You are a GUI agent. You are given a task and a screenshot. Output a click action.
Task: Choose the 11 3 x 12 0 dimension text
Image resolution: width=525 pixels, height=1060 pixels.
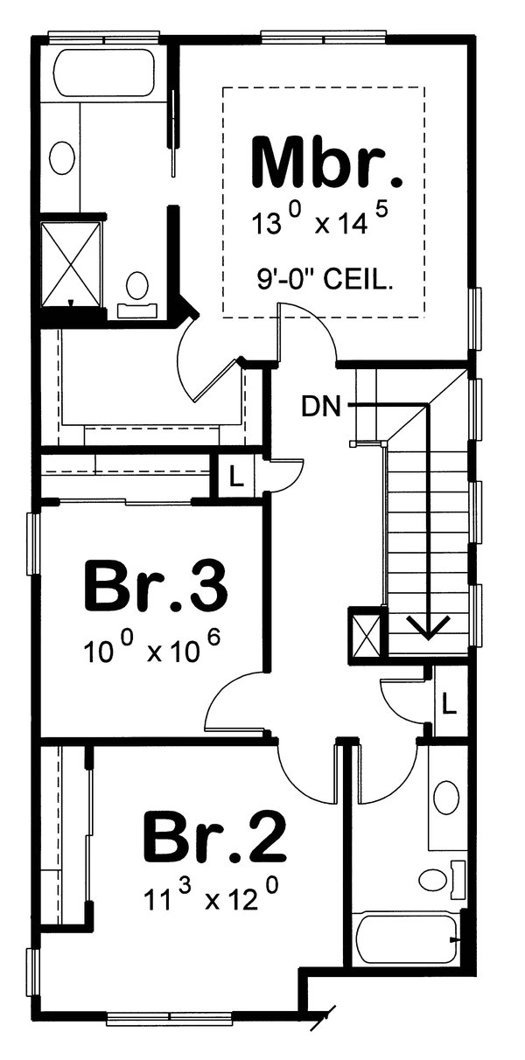click(x=213, y=896)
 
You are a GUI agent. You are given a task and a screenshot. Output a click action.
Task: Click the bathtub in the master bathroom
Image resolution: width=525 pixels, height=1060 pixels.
click(x=103, y=73)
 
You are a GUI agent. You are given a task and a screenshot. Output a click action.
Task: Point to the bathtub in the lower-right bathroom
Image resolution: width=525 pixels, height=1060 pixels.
click(x=405, y=940)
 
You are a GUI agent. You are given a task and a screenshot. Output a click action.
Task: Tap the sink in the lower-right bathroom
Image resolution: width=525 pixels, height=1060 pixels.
click(x=447, y=798)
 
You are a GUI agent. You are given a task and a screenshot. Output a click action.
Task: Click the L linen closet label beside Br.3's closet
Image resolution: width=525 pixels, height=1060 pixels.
click(x=234, y=478)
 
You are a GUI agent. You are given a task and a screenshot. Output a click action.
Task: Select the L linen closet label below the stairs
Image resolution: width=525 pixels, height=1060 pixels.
click(x=448, y=701)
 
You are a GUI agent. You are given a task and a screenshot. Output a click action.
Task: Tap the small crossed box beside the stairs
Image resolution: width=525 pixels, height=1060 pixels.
click(x=365, y=632)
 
